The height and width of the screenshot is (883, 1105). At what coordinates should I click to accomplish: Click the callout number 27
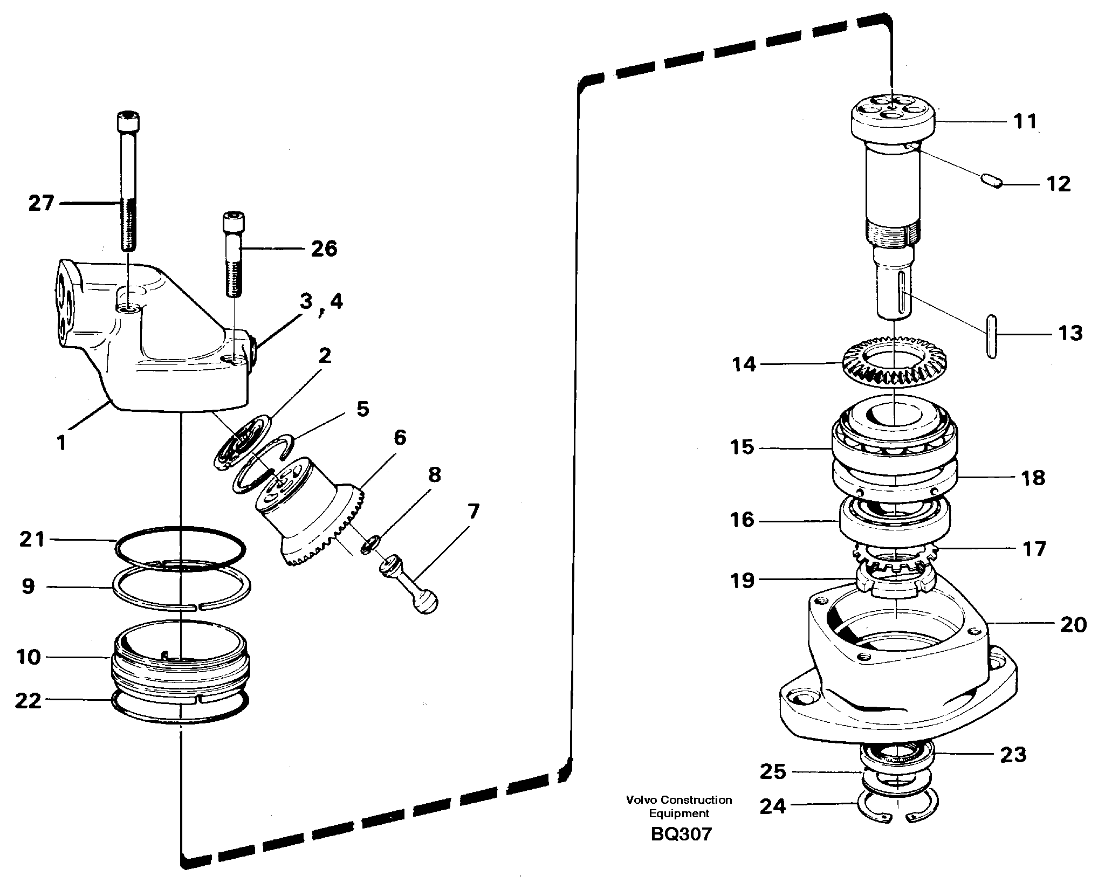(42, 204)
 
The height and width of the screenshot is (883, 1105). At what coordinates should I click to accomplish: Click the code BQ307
(681, 834)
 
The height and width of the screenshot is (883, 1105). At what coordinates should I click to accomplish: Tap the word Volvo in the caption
(640, 800)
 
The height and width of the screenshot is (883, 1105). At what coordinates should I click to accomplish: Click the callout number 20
(1073, 625)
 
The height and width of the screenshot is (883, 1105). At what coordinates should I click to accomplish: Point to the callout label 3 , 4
(321, 303)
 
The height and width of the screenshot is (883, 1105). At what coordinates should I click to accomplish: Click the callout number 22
(28, 701)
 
